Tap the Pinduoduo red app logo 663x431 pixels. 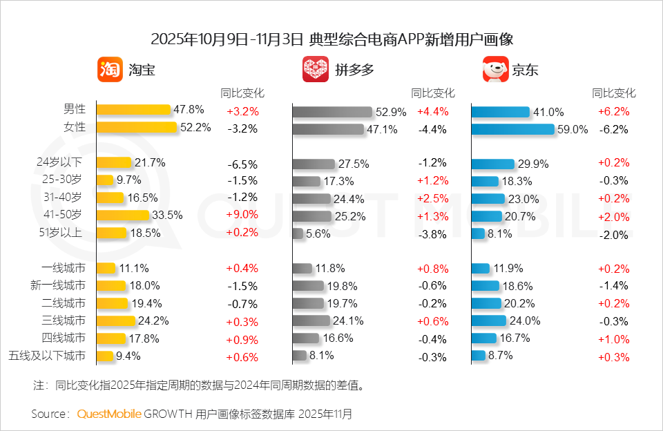point(316,70)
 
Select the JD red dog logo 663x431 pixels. point(495,70)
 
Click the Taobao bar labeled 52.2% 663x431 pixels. point(137,127)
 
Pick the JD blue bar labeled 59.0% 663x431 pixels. point(512,129)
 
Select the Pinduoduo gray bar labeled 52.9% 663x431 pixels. point(332,112)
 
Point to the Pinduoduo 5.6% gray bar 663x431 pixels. point(298,233)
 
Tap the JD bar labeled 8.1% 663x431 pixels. point(478,233)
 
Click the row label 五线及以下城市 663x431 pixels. point(47,356)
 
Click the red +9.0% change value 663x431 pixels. point(242,215)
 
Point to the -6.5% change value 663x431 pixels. point(242,164)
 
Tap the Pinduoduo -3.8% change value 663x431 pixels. point(432,234)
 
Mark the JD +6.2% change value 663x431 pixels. point(614,111)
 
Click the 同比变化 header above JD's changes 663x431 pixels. point(614,93)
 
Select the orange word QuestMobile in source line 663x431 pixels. point(108,414)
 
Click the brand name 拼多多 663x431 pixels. point(355,70)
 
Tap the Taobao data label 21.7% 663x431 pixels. point(150,162)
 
